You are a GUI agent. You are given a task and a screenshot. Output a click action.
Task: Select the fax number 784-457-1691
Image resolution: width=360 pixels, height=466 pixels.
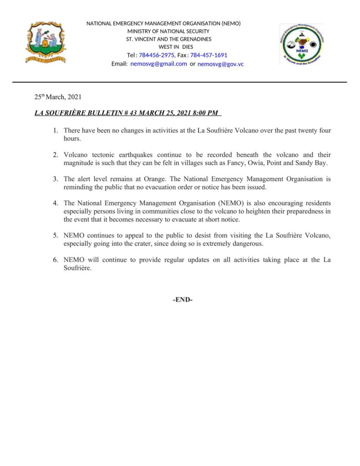(208, 55)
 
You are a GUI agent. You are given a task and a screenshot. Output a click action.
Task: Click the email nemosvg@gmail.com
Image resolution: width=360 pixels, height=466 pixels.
(158, 64)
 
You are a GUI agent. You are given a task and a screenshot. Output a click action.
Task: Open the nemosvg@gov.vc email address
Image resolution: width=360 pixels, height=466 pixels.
(220, 64)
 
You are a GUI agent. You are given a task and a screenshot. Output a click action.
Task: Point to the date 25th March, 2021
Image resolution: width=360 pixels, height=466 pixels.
(58, 97)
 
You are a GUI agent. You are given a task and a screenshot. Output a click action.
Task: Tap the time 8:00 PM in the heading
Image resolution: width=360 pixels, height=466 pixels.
(204, 113)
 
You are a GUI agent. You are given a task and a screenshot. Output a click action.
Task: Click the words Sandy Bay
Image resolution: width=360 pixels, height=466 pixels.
(314, 162)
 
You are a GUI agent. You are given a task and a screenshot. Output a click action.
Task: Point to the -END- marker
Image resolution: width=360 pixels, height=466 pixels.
(183, 300)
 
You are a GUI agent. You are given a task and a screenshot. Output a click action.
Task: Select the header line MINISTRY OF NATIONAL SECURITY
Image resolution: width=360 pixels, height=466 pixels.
(168, 31)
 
